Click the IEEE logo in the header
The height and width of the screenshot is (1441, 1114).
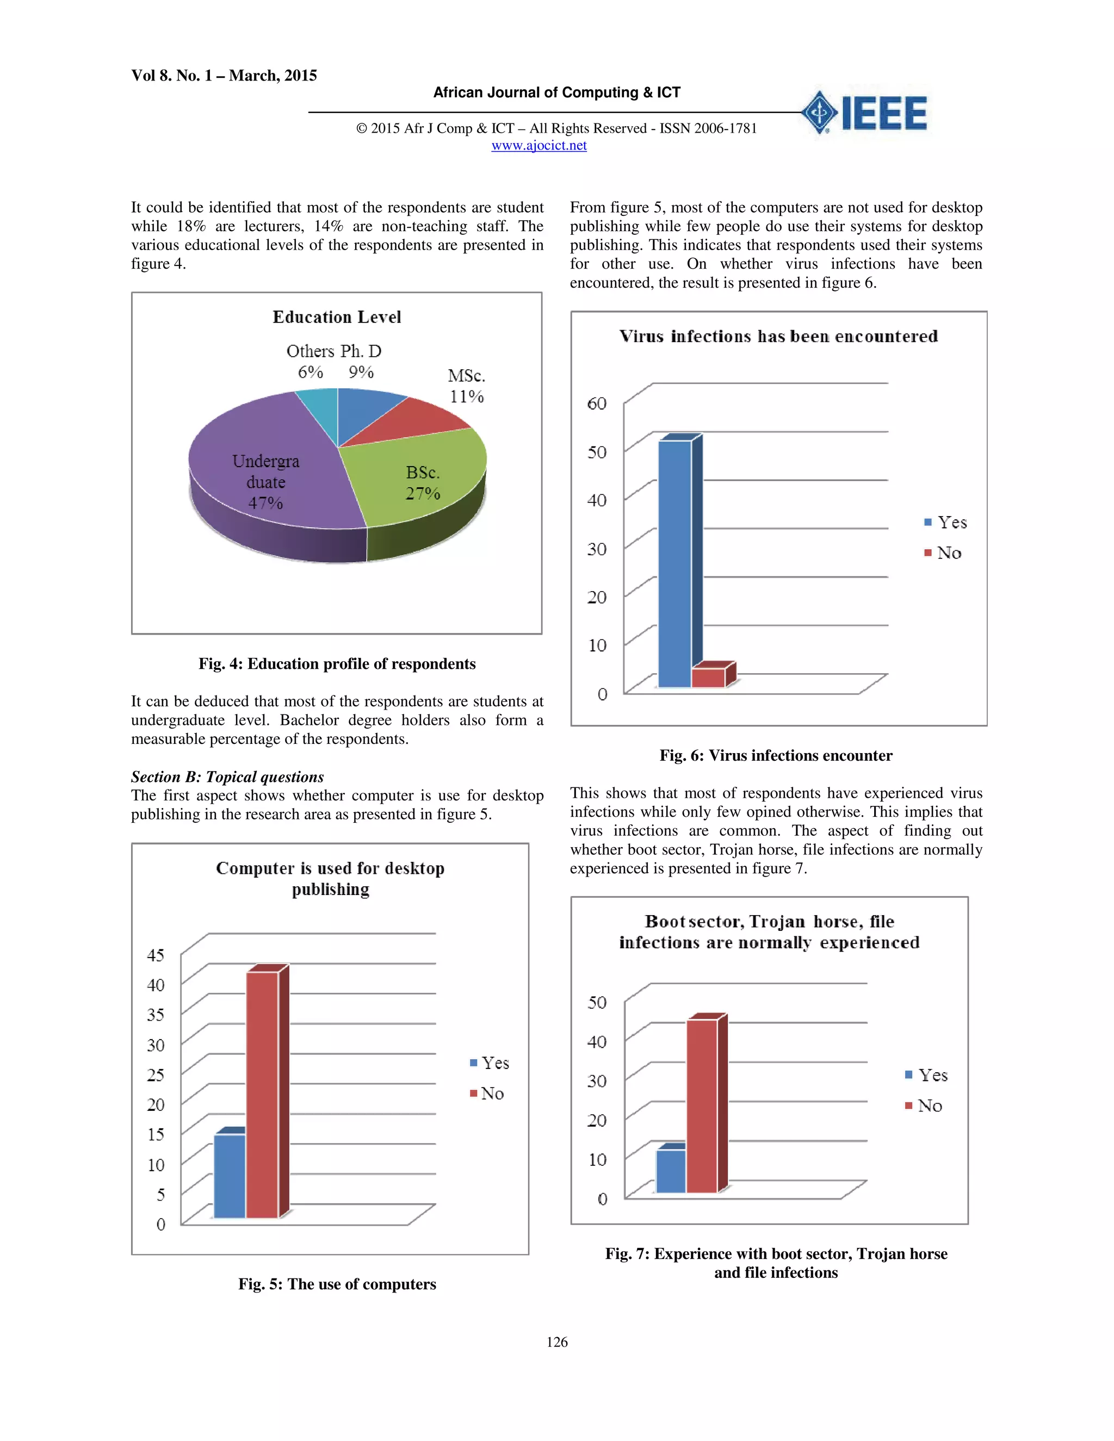[x=864, y=113]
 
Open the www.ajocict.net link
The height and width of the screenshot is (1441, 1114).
[x=539, y=145]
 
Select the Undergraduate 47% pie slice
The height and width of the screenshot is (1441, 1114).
[x=264, y=475]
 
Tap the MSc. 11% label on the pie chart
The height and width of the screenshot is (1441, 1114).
[x=467, y=386]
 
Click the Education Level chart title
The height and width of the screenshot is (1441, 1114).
[x=337, y=318]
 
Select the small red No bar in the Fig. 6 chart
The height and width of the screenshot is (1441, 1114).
[x=708, y=678]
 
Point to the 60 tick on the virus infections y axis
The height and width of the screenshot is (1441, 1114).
[x=597, y=403]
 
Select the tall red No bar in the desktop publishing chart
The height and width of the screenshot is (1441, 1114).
[x=262, y=1095]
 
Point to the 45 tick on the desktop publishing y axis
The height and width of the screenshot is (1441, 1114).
[x=156, y=955]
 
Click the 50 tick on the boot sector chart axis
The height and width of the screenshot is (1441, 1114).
[x=597, y=1002]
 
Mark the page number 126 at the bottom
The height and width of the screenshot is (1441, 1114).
[x=557, y=1342]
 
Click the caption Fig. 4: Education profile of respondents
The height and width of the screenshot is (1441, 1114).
[x=337, y=664]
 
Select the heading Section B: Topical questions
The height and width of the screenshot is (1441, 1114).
[x=227, y=777]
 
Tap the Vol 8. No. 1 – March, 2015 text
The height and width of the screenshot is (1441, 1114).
[x=224, y=75]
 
